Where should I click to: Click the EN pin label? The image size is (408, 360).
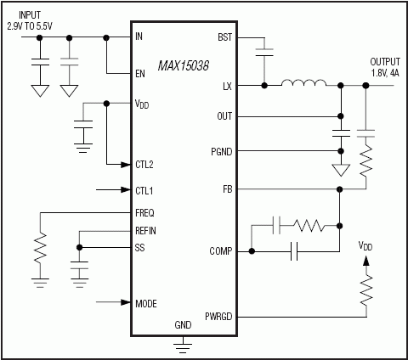[140, 74]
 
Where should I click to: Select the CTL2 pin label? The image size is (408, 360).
[144, 164]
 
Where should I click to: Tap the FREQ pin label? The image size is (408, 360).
[145, 212]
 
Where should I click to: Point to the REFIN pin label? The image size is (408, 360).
[146, 230]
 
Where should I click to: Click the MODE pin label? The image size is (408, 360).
[146, 301]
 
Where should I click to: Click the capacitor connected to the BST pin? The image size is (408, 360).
[264, 53]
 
